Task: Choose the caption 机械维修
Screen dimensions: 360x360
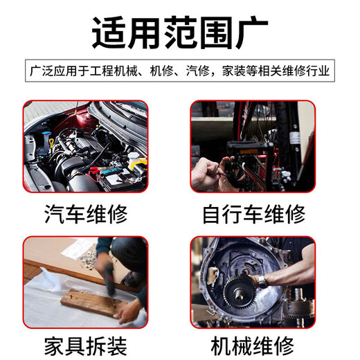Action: pos(253,344)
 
